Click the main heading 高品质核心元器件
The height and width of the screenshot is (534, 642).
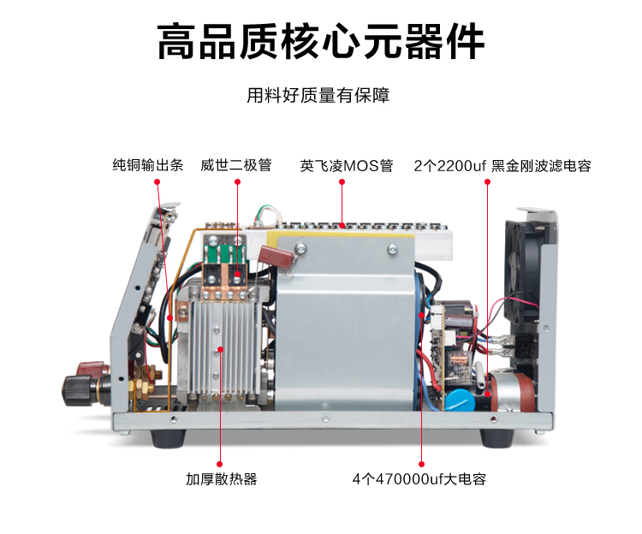(321, 41)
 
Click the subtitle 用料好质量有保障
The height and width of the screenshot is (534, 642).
(318, 95)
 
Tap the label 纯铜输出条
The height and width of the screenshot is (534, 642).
(148, 165)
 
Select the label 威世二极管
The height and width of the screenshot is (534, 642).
(236, 165)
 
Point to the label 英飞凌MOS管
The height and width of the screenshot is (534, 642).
(347, 166)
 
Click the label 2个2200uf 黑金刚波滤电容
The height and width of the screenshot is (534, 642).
(502, 166)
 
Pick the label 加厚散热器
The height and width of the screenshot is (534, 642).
(222, 478)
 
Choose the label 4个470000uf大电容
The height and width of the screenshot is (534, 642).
(419, 478)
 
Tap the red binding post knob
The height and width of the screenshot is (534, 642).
(93, 368)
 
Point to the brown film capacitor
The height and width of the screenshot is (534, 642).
(276, 256)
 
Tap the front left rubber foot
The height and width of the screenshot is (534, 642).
(169, 438)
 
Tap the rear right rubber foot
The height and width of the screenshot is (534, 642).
(496, 438)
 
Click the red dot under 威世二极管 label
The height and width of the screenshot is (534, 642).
(237, 181)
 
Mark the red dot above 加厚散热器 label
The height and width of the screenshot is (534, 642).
(220, 464)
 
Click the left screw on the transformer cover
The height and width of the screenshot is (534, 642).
(301, 246)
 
